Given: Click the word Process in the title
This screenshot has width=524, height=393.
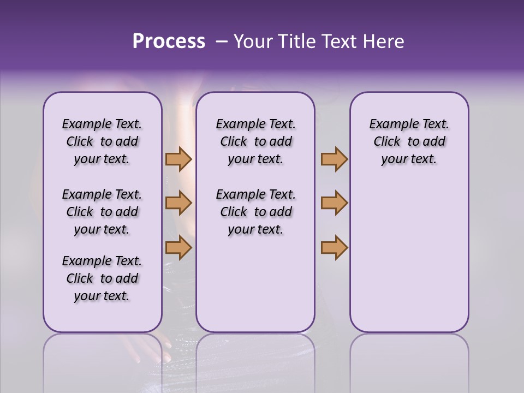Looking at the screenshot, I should (169, 41).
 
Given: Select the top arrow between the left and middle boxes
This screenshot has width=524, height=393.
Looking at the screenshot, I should (178, 159).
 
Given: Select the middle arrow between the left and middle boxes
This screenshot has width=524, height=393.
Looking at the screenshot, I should (178, 203).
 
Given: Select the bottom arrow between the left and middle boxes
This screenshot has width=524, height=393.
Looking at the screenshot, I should (178, 247).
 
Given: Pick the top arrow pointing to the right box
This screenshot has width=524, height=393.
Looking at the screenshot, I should (334, 159).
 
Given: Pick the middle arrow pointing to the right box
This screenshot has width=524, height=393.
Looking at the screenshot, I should (334, 203).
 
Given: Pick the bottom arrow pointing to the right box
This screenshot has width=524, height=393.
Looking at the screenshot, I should (334, 247).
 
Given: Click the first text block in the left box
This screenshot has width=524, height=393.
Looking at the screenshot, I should (102, 141).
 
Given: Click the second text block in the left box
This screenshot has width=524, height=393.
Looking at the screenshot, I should (102, 212).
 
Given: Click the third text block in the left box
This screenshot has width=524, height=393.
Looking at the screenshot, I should (102, 278).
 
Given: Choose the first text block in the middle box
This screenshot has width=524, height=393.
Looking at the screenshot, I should (255, 141).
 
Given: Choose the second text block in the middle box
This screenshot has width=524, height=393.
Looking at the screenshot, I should (255, 212).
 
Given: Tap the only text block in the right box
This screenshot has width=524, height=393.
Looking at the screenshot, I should (409, 141).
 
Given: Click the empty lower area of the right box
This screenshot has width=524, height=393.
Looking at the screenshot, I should (409, 257).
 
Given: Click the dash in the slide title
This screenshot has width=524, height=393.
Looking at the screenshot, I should (221, 42).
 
